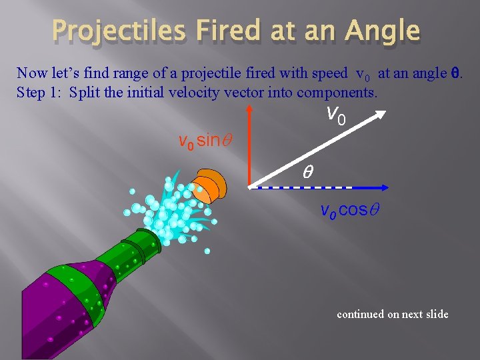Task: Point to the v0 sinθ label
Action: [204, 141]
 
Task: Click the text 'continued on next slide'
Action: [393, 314]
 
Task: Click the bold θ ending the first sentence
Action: [455, 73]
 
